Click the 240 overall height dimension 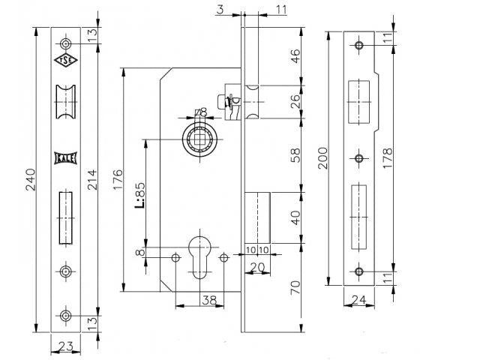coord(31,180)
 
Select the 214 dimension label coord(92,180)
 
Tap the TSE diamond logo coord(66,60)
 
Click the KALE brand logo coord(65,158)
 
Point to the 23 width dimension coord(66,346)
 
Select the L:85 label coord(139,195)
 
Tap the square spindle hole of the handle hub coord(200,139)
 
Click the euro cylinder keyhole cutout coord(200,257)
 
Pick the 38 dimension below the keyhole coord(209,300)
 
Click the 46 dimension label coord(295,56)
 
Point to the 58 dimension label coord(295,155)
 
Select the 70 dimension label coord(295,288)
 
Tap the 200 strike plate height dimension coord(323,158)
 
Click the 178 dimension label coord(387,158)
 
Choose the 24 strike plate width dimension coord(358,300)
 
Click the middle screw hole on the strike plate coord(359,158)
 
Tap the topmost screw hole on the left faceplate coord(65,43)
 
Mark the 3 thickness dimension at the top coord(220,10)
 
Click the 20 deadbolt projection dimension coord(257,268)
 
